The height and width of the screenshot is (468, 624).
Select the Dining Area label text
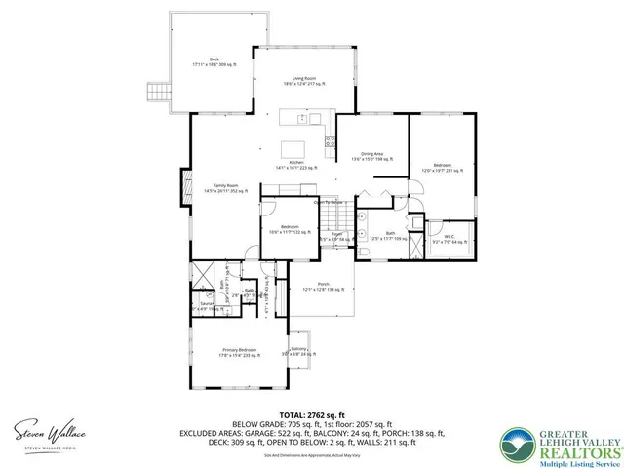coord(370,156)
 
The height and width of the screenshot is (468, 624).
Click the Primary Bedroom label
coord(238,351)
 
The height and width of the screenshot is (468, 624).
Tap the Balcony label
coord(298,351)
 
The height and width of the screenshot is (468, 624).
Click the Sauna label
coord(206,305)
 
